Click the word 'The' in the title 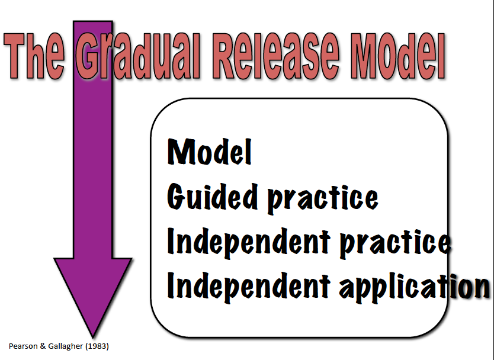click(34, 56)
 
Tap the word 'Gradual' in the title click(139, 56)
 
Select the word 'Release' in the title click(276, 56)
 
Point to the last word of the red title click(397, 56)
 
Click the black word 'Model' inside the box click(210, 152)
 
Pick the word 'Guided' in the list click(212, 197)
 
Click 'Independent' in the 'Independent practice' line click(249, 242)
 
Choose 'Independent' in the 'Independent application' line click(249, 287)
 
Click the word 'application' click(415, 287)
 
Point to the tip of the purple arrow click(93, 337)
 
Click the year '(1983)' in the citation click(97, 346)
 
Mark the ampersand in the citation click(43, 346)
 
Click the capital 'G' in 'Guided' click(175, 197)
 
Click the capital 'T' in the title click(14, 56)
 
